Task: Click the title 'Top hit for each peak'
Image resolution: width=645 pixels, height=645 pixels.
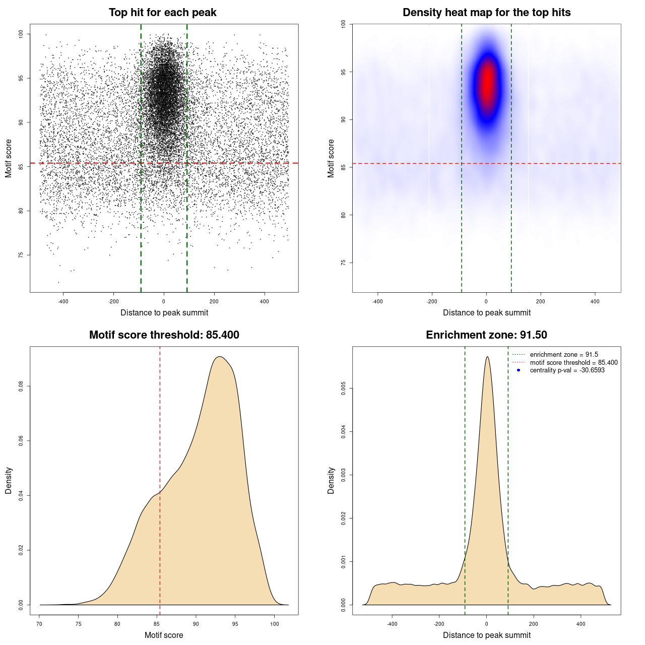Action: pyautogui.click(x=162, y=13)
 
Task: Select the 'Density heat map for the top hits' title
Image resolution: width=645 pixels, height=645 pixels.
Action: pyautogui.click(x=486, y=13)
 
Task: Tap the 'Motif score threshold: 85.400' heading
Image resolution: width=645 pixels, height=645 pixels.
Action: pyautogui.click(x=164, y=335)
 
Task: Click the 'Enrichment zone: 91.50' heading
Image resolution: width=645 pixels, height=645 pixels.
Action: pyautogui.click(x=486, y=335)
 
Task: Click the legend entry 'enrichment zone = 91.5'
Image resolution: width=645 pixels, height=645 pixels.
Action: pyautogui.click(x=564, y=355)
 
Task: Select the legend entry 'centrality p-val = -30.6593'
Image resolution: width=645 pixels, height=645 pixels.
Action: pyautogui.click(x=567, y=370)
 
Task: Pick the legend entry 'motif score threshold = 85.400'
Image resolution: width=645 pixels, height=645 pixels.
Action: pyautogui.click(x=573, y=363)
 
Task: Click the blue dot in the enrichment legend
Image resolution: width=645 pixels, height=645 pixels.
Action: pyautogui.click(x=519, y=370)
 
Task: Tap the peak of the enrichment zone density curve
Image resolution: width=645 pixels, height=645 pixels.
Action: pyautogui.click(x=487, y=357)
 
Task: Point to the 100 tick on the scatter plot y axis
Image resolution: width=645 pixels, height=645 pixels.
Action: pyautogui.click(x=21, y=34)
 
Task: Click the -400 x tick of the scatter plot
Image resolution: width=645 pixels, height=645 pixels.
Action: pyautogui.click(x=63, y=301)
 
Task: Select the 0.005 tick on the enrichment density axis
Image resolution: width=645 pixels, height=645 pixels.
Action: pyautogui.click(x=343, y=388)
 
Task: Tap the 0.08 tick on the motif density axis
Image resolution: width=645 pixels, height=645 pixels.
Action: pyautogui.click(x=21, y=386)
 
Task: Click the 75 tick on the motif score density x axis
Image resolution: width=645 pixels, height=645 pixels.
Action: pyautogui.click(x=78, y=624)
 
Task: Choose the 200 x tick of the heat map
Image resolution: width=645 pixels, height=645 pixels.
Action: pyautogui.click(x=541, y=301)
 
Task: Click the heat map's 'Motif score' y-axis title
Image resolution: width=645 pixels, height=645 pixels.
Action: pyautogui.click(x=331, y=158)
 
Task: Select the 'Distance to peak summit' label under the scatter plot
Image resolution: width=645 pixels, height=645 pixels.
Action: pyautogui.click(x=164, y=313)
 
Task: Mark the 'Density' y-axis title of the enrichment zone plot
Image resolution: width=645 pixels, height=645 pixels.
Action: pyautogui.click(x=331, y=480)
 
